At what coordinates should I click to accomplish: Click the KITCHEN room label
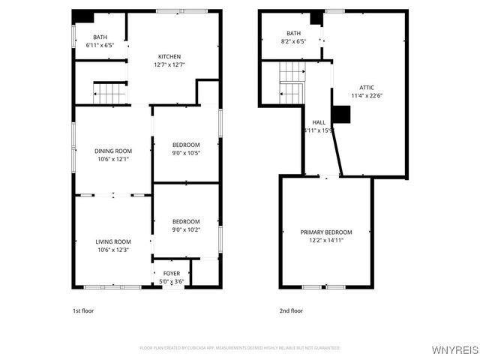click(x=169, y=57)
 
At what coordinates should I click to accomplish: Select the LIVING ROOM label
click(x=113, y=241)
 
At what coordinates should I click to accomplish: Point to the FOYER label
click(x=172, y=274)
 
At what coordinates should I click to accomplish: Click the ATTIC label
click(x=367, y=88)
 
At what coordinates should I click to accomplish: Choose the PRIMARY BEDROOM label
click(x=326, y=232)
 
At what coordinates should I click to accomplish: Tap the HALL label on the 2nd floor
click(x=319, y=122)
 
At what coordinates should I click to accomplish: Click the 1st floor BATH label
click(x=100, y=37)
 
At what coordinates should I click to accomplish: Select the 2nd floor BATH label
click(x=293, y=34)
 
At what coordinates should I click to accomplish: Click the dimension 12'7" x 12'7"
click(x=169, y=65)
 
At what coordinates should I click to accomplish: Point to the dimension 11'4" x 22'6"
click(x=367, y=96)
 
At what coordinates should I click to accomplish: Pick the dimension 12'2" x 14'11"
click(x=326, y=241)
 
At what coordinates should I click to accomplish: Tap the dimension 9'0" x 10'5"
click(x=186, y=153)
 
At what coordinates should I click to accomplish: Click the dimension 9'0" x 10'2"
click(x=186, y=230)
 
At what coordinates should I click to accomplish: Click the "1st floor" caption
click(x=83, y=310)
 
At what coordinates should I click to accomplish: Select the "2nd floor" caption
click(x=291, y=310)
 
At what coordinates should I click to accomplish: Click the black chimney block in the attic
click(x=341, y=114)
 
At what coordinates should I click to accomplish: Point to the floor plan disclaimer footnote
click(x=240, y=348)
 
